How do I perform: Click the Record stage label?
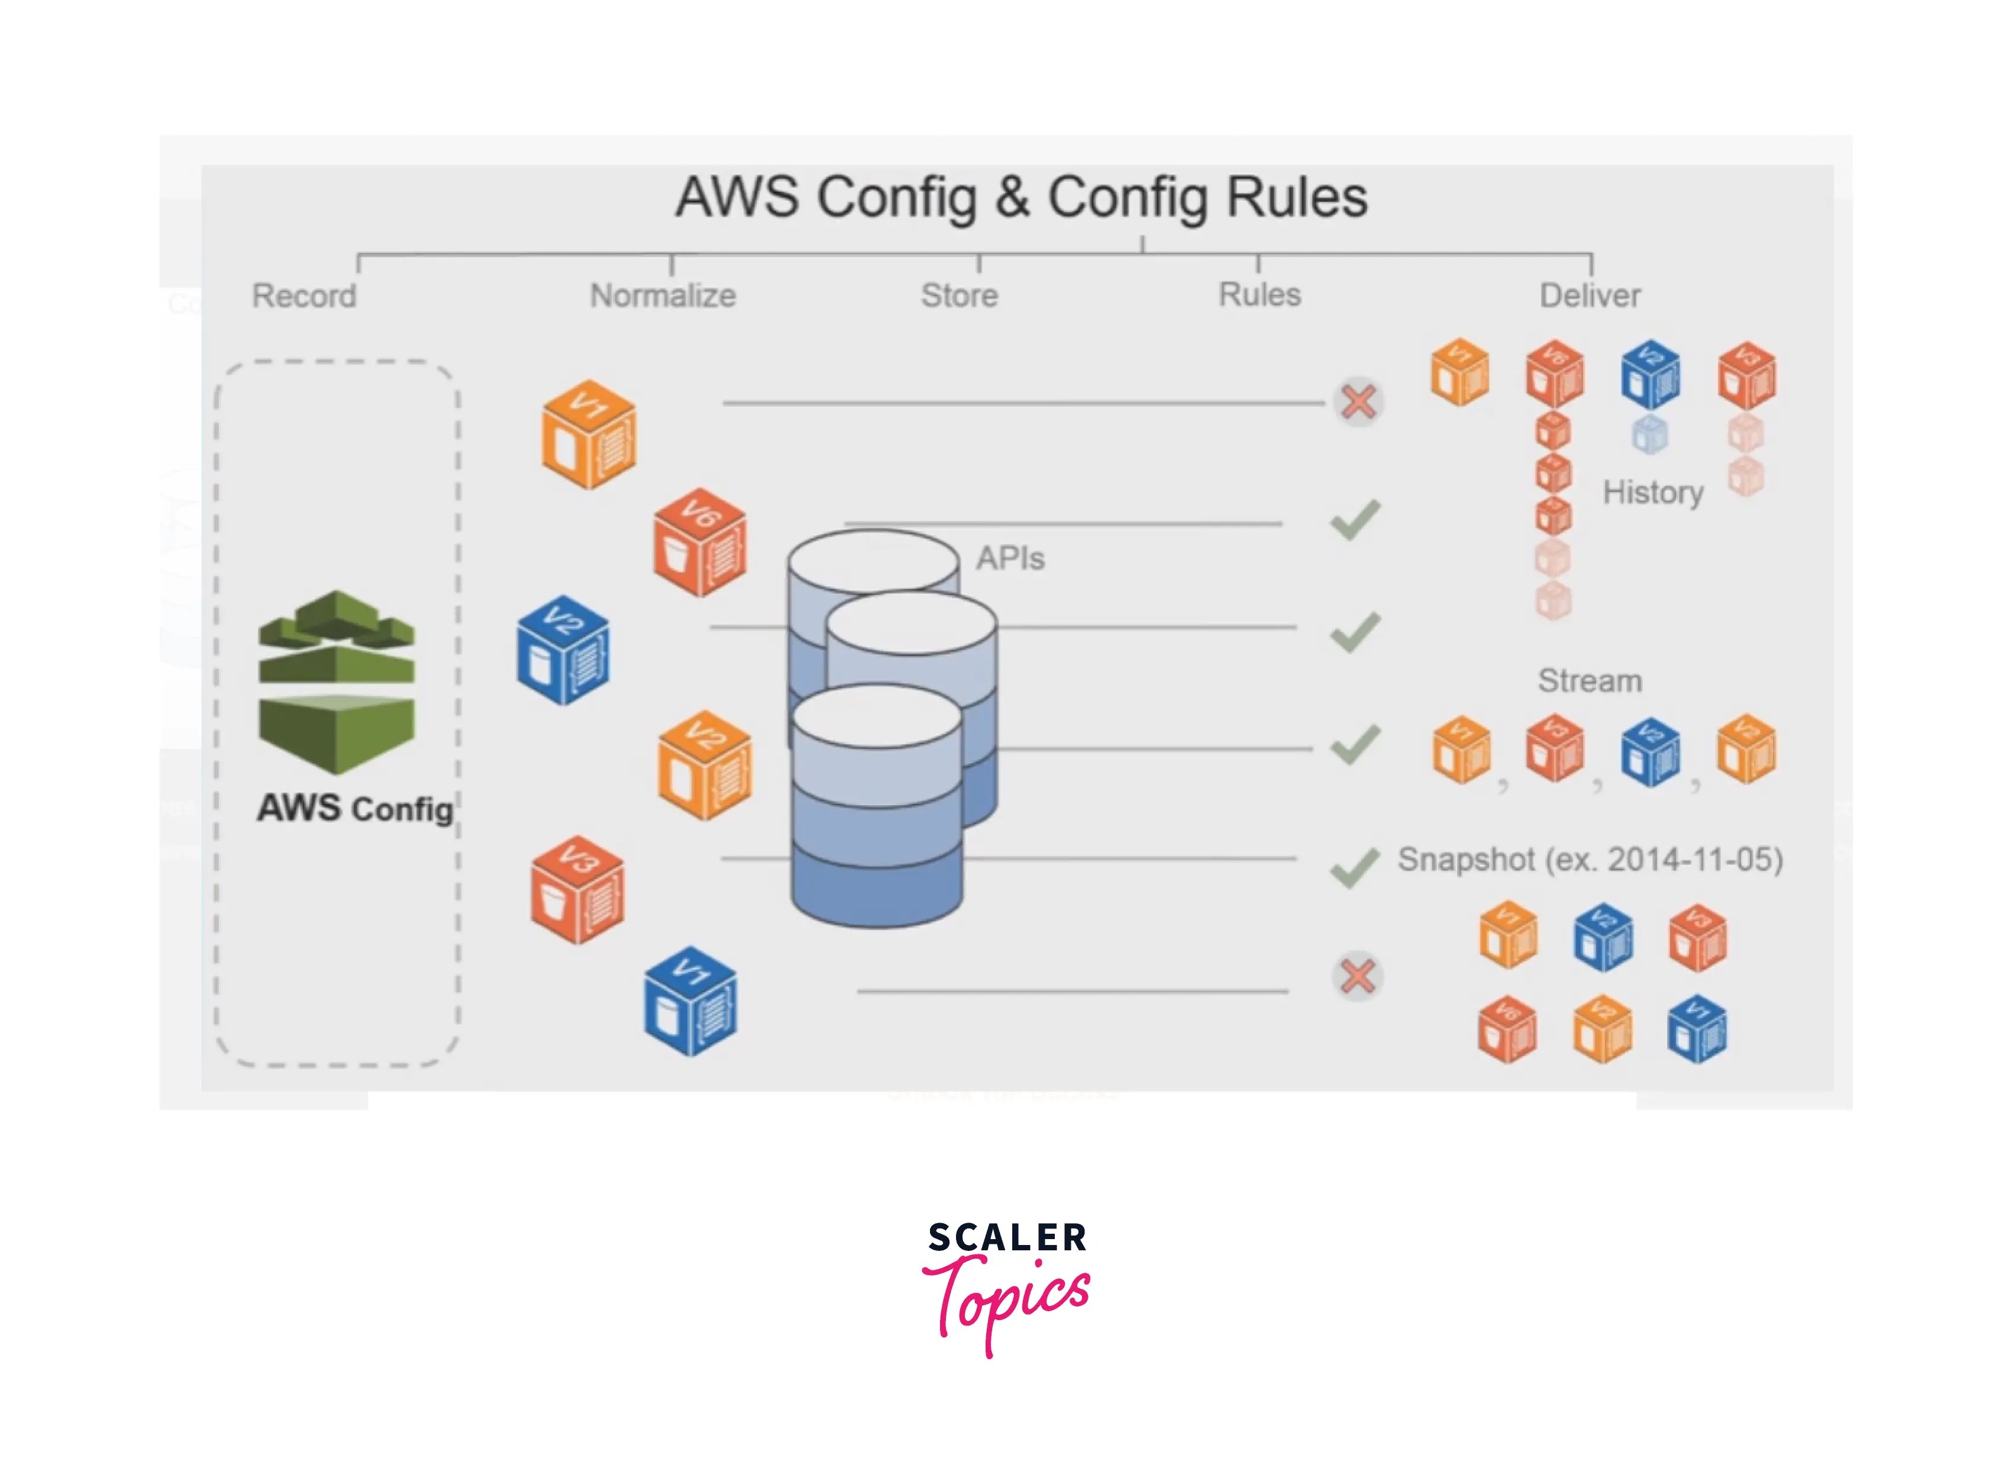point(304,295)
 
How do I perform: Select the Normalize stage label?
point(663,295)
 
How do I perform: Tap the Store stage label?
point(960,295)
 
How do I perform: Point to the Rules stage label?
point(1259,295)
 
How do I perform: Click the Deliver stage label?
point(1589,295)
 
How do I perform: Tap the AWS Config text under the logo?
point(355,808)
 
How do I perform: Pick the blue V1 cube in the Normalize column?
point(690,1001)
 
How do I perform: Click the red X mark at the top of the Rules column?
point(1357,402)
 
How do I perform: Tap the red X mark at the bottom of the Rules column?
point(1357,976)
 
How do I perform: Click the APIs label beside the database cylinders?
point(1010,559)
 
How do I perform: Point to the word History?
point(1652,492)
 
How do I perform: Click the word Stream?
point(1589,681)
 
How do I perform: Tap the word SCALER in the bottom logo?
point(1007,1237)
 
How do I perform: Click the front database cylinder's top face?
point(877,718)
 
